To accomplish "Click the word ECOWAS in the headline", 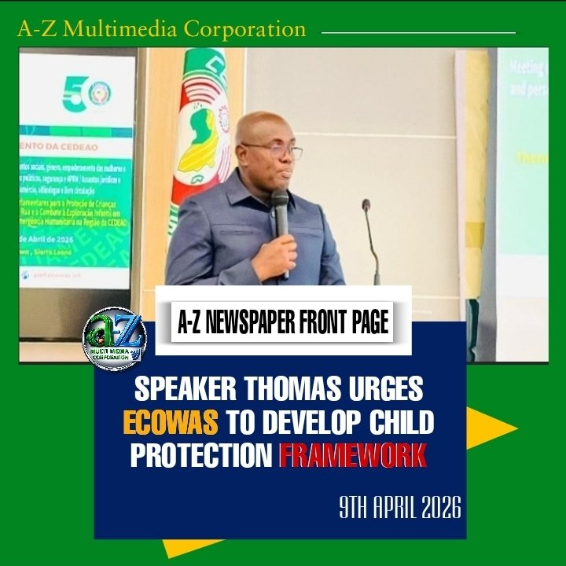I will [170, 422].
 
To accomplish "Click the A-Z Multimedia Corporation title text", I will [161, 30].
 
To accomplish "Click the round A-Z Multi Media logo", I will [116, 339].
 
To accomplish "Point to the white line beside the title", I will [419, 33].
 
